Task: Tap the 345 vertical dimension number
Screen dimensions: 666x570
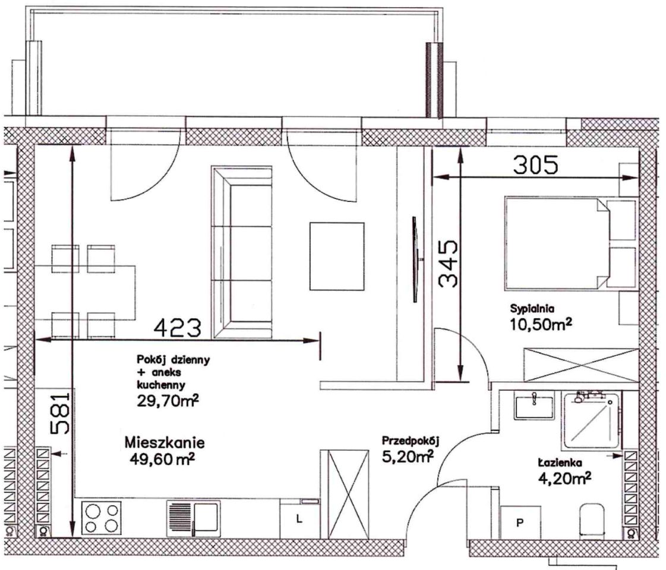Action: pyautogui.click(x=448, y=264)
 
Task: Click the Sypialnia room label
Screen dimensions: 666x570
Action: pyautogui.click(x=532, y=308)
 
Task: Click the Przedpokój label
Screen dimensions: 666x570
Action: pyautogui.click(x=411, y=441)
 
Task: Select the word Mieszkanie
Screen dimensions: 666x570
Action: pyautogui.click(x=165, y=443)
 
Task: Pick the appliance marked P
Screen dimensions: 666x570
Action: pyautogui.click(x=520, y=522)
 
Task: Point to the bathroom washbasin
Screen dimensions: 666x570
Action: pyautogui.click(x=534, y=407)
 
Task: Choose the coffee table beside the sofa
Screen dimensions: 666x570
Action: pyautogui.click(x=337, y=256)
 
